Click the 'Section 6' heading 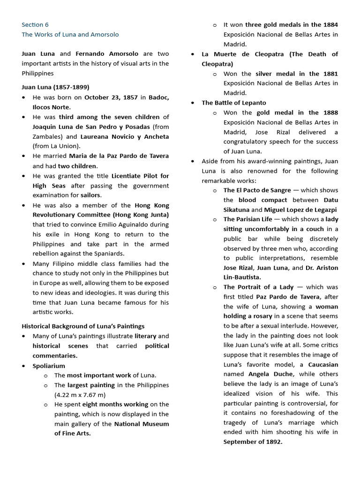[35, 25]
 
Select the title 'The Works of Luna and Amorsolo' [70, 35]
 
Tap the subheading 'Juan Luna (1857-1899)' [55, 87]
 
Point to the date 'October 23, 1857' [111, 97]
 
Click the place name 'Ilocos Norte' [51, 107]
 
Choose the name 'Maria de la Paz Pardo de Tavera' [119, 156]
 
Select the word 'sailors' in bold [90, 195]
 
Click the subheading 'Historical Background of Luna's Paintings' [83, 326]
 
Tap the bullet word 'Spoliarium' [49, 366]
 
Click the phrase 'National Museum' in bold [142, 424]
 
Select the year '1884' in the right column [330, 25]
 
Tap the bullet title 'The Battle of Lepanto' [233, 103]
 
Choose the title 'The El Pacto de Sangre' [256, 190]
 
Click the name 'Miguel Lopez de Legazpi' [300, 210]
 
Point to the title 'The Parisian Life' [247, 219]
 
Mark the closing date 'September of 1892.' [253, 442]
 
